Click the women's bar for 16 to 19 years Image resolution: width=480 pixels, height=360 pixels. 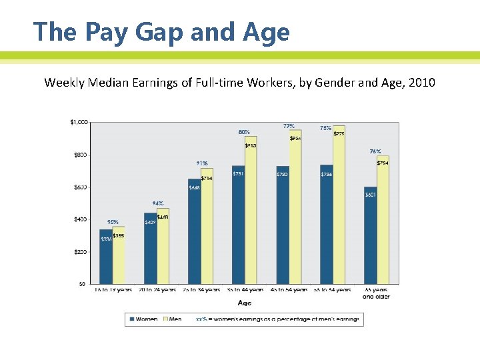[106, 257]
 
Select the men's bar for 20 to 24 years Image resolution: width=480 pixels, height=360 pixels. [163, 247]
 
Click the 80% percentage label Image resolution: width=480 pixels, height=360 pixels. [245, 132]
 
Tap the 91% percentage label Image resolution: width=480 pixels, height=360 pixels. [201, 163]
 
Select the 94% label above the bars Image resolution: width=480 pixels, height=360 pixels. [158, 203]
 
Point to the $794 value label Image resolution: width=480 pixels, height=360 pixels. [383, 163]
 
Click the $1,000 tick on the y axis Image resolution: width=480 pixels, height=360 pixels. [79, 122]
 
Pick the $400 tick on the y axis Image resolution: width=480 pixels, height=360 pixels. [80, 219]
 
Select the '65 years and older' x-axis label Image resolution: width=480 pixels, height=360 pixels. [377, 293]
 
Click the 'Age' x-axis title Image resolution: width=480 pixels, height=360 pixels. [245, 303]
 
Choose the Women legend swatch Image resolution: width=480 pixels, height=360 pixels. [131, 319]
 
